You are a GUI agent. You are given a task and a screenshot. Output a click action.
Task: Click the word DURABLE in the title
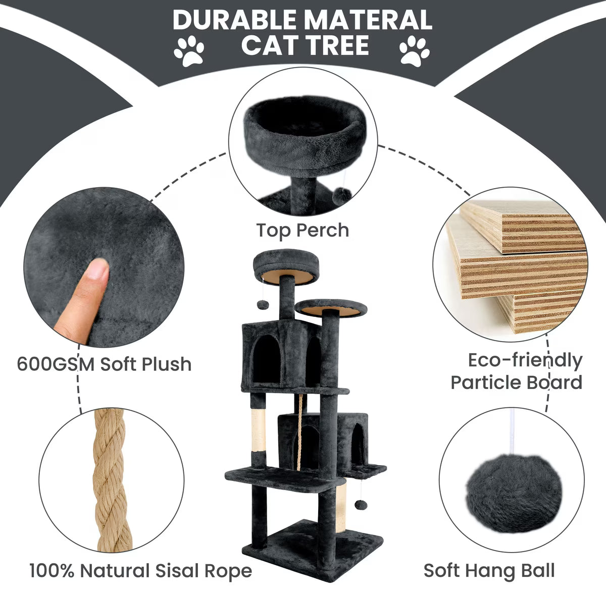tap(234, 20)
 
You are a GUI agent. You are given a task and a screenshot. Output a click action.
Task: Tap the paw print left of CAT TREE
tap(189, 50)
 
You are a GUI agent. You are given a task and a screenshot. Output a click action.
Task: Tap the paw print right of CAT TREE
tap(414, 50)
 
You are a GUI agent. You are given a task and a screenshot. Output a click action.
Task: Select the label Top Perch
tap(302, 231)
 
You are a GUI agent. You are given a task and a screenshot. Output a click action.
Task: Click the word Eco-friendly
tap(525, 360)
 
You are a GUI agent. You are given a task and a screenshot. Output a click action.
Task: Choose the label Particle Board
tap(517, 383)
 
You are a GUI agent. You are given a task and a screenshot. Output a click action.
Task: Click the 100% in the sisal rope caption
tap(52, 570)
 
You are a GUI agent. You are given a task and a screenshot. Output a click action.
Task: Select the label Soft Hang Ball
tap(489, 571)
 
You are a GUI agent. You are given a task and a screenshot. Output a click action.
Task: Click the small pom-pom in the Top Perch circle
tap(342, 196)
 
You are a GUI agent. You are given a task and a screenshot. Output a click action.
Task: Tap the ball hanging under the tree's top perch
tap(262, 304)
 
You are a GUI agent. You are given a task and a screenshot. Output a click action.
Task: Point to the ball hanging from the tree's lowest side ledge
tap(361, 505)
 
